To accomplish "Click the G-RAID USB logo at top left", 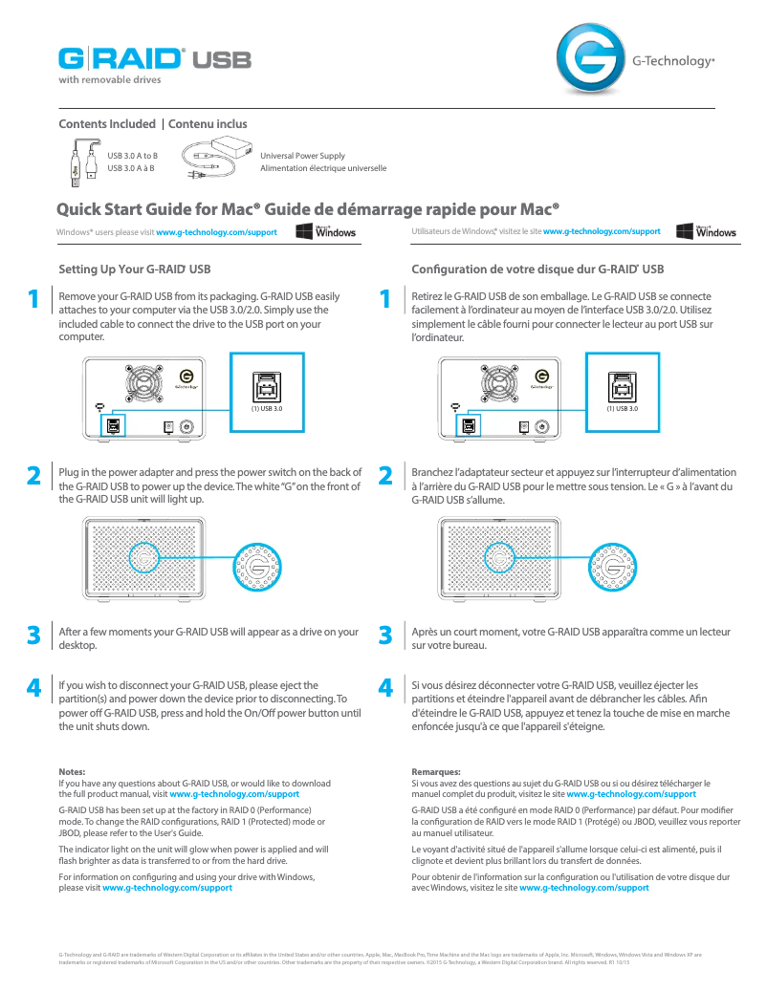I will click(x=154, y=59).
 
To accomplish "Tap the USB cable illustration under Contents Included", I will click(x=84, y=160).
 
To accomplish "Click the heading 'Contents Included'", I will click(x=107, y=124).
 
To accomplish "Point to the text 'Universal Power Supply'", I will click(x=302, y=156).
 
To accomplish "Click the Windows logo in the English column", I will click(x=326, y=231).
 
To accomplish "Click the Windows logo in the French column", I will click(x=706, y=231).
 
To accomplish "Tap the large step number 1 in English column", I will click(x=33, y=300).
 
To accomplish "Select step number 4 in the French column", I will click(x=385, y=688).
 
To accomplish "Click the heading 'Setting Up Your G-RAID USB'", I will click(x=135, y=269).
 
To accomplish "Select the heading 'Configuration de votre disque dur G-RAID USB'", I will click(x=537, y=269).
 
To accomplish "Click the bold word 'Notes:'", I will click(x=73, y=771).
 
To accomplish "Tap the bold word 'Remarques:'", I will click(x=436, y=771).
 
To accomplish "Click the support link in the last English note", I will click(x=167, y=888).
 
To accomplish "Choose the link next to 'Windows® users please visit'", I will click(x=216, y=232).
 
